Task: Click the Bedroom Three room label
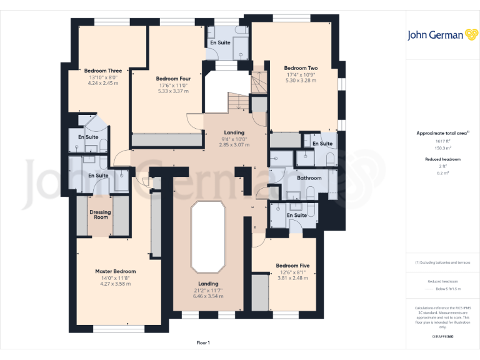[103, 71]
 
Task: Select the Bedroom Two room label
[301, 68]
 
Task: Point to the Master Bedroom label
[115, 272]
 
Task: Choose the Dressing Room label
[100, 215]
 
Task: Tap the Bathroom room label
[309, 178]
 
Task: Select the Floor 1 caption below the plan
[203, 342]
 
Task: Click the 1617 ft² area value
[442, 141]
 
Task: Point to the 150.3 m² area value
[442, 149]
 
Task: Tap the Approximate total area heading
[442, 133]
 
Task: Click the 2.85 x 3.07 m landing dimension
[234, 145]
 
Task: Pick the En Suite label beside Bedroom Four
[220, 42]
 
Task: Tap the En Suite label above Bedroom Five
[297, 216]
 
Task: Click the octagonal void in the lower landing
[207, 237]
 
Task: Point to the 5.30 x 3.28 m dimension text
[301, 81]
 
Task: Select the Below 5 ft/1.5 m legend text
[447, 289]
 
